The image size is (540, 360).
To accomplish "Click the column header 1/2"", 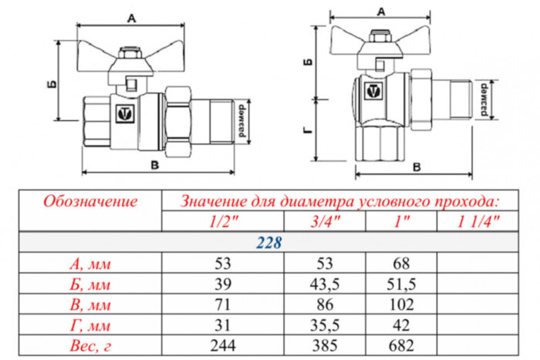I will (223, 222).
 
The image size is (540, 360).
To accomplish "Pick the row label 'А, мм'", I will (90, 264).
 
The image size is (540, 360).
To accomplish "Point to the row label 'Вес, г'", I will (90, 344).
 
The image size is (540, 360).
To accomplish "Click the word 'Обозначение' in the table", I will (90, 202).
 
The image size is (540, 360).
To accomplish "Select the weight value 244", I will (223, 344).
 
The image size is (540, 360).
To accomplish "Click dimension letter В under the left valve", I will (155, 164).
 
